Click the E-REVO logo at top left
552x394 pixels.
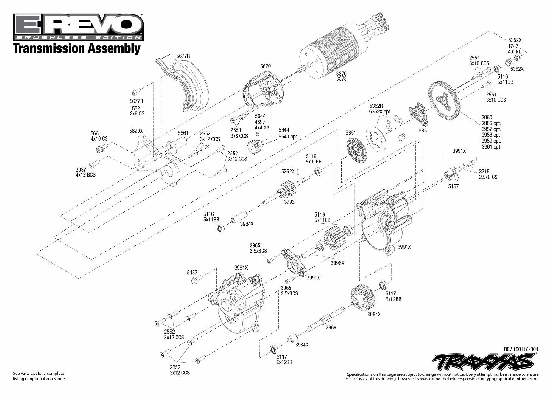(78, 25)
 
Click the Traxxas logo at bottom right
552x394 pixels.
(482, 362)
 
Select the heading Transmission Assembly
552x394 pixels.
(76, 48)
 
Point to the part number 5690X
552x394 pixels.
(136, 131)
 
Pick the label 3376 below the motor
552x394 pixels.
(341, 73)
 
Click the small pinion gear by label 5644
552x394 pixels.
(255, 147)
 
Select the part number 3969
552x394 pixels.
(331, 328)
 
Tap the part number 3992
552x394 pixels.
(289, 202)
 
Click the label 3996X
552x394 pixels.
(338, 263)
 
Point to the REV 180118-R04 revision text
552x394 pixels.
(521, 349)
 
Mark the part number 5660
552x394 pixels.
(265, 66)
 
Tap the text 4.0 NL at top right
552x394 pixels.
(515, 52)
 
